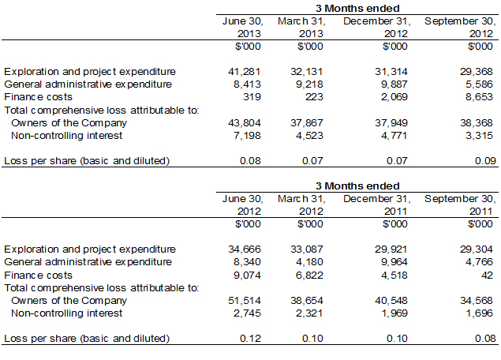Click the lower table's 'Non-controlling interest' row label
(66, 313)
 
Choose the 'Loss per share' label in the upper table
(87, 161)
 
